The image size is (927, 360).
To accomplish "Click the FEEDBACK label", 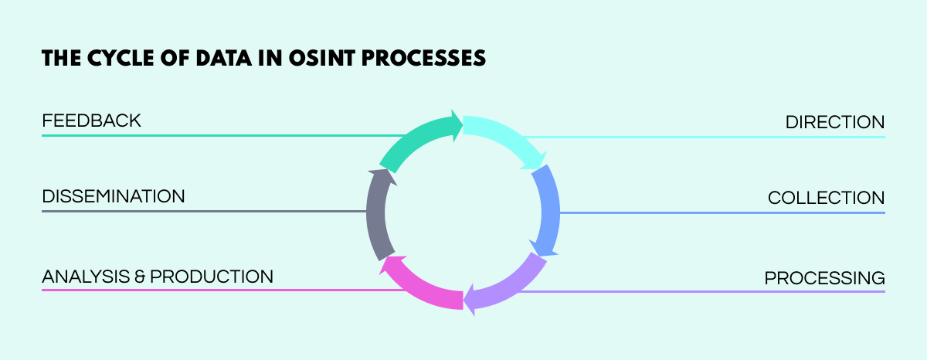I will point(91,121).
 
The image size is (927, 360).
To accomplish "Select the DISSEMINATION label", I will point(114,196).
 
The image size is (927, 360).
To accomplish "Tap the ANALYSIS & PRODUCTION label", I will point(158,276).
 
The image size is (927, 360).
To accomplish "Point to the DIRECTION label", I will point(834,122).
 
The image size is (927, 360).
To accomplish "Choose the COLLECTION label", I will point(826,199).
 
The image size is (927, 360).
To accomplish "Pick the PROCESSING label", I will point(824,277).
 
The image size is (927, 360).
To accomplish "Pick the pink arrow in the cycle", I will point(421,285).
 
